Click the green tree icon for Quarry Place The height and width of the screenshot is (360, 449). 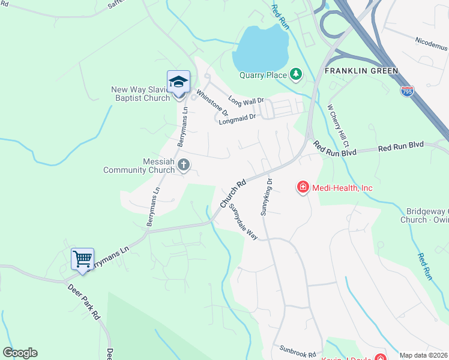click(x=295, y=74)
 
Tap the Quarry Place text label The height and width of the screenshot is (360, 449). click(x=263, y=76)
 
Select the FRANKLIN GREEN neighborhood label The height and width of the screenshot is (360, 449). click(x=361, y=71)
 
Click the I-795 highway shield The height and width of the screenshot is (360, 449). click(x=406, y=91)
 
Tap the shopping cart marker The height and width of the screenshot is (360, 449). click(x=82, y=259)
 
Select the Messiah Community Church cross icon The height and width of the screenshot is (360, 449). click(x=184, y=164)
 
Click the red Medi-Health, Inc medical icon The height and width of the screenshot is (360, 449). click(x=303, y=188)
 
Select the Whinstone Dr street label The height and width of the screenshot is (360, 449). click(x=213, y=103)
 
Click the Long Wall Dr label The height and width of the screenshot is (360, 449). click(x=246, y=100)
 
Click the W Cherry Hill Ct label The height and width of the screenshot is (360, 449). click(x=338, y=127)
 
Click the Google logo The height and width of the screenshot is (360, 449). click(x=20, y=353)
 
